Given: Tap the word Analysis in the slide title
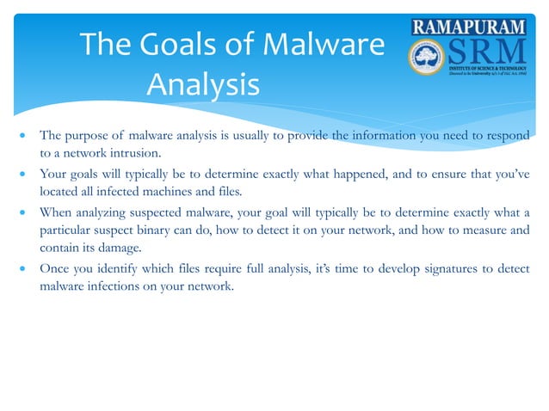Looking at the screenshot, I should coord(202,85).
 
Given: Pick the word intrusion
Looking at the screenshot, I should coord(134,153).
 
